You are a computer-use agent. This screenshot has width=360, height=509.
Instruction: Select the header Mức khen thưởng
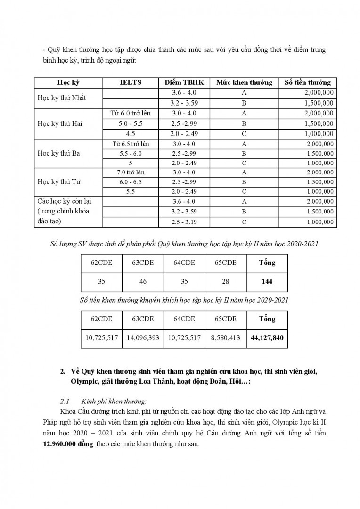(x=244, y=82)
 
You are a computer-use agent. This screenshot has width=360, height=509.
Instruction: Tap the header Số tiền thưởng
(x=308, y=82)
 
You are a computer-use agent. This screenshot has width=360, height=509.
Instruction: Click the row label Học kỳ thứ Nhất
(x=61, y=98)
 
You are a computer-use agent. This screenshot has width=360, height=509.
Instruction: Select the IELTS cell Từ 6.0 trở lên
(x=130, y=113)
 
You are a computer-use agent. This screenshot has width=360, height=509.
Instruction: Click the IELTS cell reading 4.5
(x=130, y=133)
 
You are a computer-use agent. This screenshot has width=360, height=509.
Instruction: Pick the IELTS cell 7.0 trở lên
(x=130, y=172)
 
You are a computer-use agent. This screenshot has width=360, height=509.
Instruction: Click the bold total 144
(x=267, y=282)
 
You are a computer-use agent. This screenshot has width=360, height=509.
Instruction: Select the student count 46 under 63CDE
(x=143, y=282)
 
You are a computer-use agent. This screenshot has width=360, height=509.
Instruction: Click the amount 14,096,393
(x=143, y=337)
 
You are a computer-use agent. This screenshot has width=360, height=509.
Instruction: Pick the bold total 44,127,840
(x=267, y=337)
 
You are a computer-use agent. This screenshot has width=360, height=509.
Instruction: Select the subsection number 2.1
(x=65, y=402)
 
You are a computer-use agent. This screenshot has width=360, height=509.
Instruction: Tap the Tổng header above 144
(x=267, y=263)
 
